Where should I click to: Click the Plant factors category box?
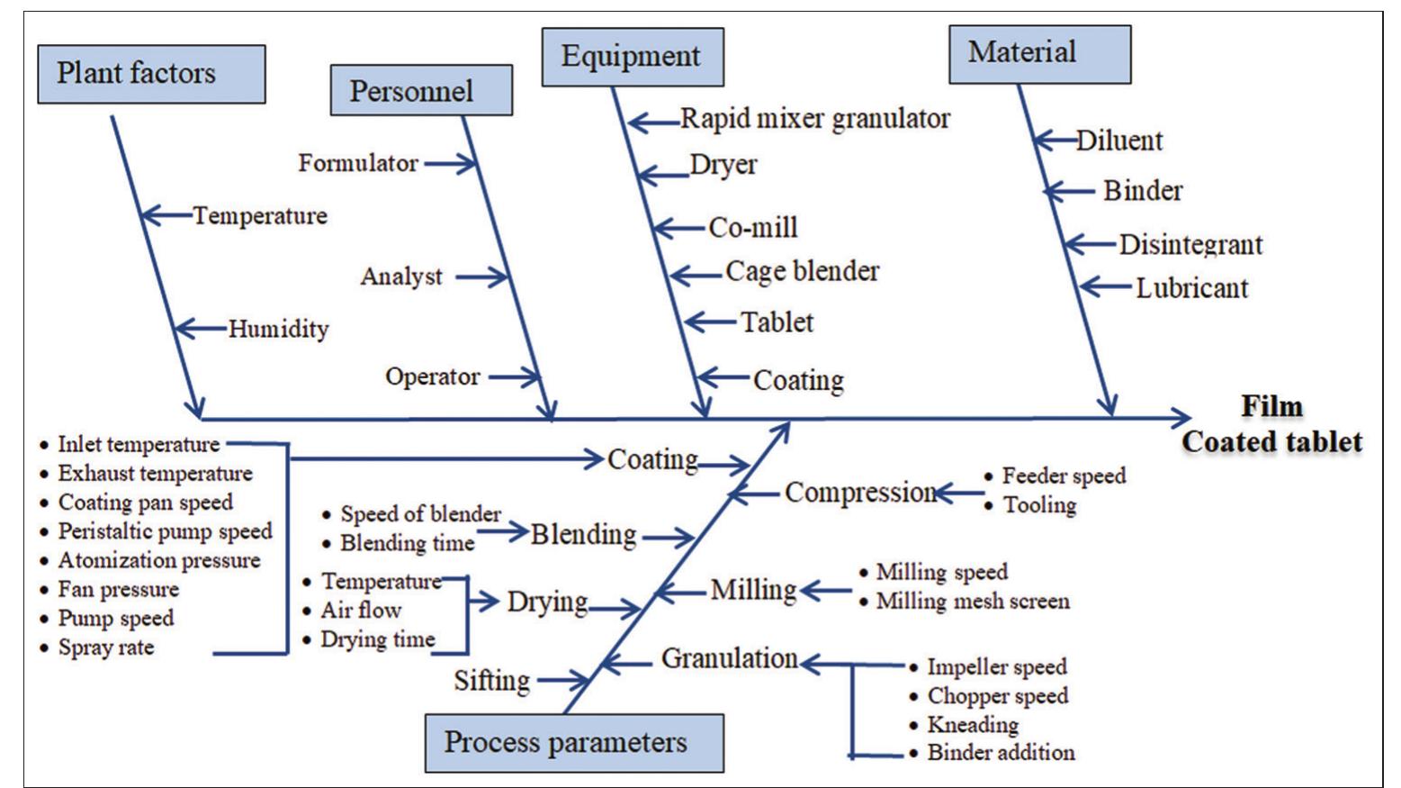point(151,74)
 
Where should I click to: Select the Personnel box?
point(421,90)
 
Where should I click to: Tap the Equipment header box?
point(632,57)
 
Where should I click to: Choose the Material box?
point(1039,54)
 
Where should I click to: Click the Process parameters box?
point(573,743)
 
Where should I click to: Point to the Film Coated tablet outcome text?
point(1271,424)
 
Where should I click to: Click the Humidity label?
point(278,329)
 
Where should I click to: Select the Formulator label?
point(358,163)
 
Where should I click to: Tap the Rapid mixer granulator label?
point(814,119)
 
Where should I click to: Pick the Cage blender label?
point(802,271)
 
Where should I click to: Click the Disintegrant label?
point(1190,245)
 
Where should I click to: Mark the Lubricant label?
point(1191,288)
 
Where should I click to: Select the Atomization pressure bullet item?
point(158,560)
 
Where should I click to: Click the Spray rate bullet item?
point(105,647)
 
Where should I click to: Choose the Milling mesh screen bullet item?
point(972,601)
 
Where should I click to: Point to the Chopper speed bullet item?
point(997,695)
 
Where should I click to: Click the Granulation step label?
point(729,658)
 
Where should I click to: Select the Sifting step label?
point(491,680)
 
